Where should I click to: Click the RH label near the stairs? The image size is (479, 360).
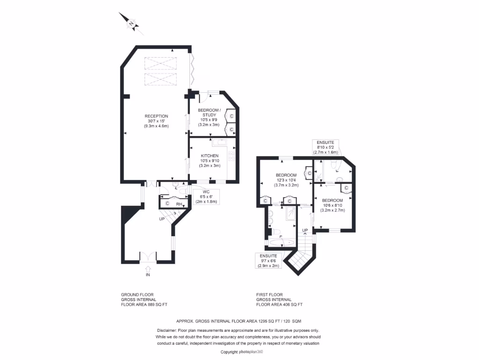click(179, 204)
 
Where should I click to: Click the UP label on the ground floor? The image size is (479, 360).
click(162, 219)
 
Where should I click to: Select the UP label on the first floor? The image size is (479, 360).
click(305, 230)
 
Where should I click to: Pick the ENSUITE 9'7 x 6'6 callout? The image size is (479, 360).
click(268, 261)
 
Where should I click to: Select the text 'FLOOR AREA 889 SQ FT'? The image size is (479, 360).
click(144, 305)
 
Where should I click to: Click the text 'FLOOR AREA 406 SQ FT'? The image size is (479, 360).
click(279, 305)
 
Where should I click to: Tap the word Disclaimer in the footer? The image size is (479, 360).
click(166, 330)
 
